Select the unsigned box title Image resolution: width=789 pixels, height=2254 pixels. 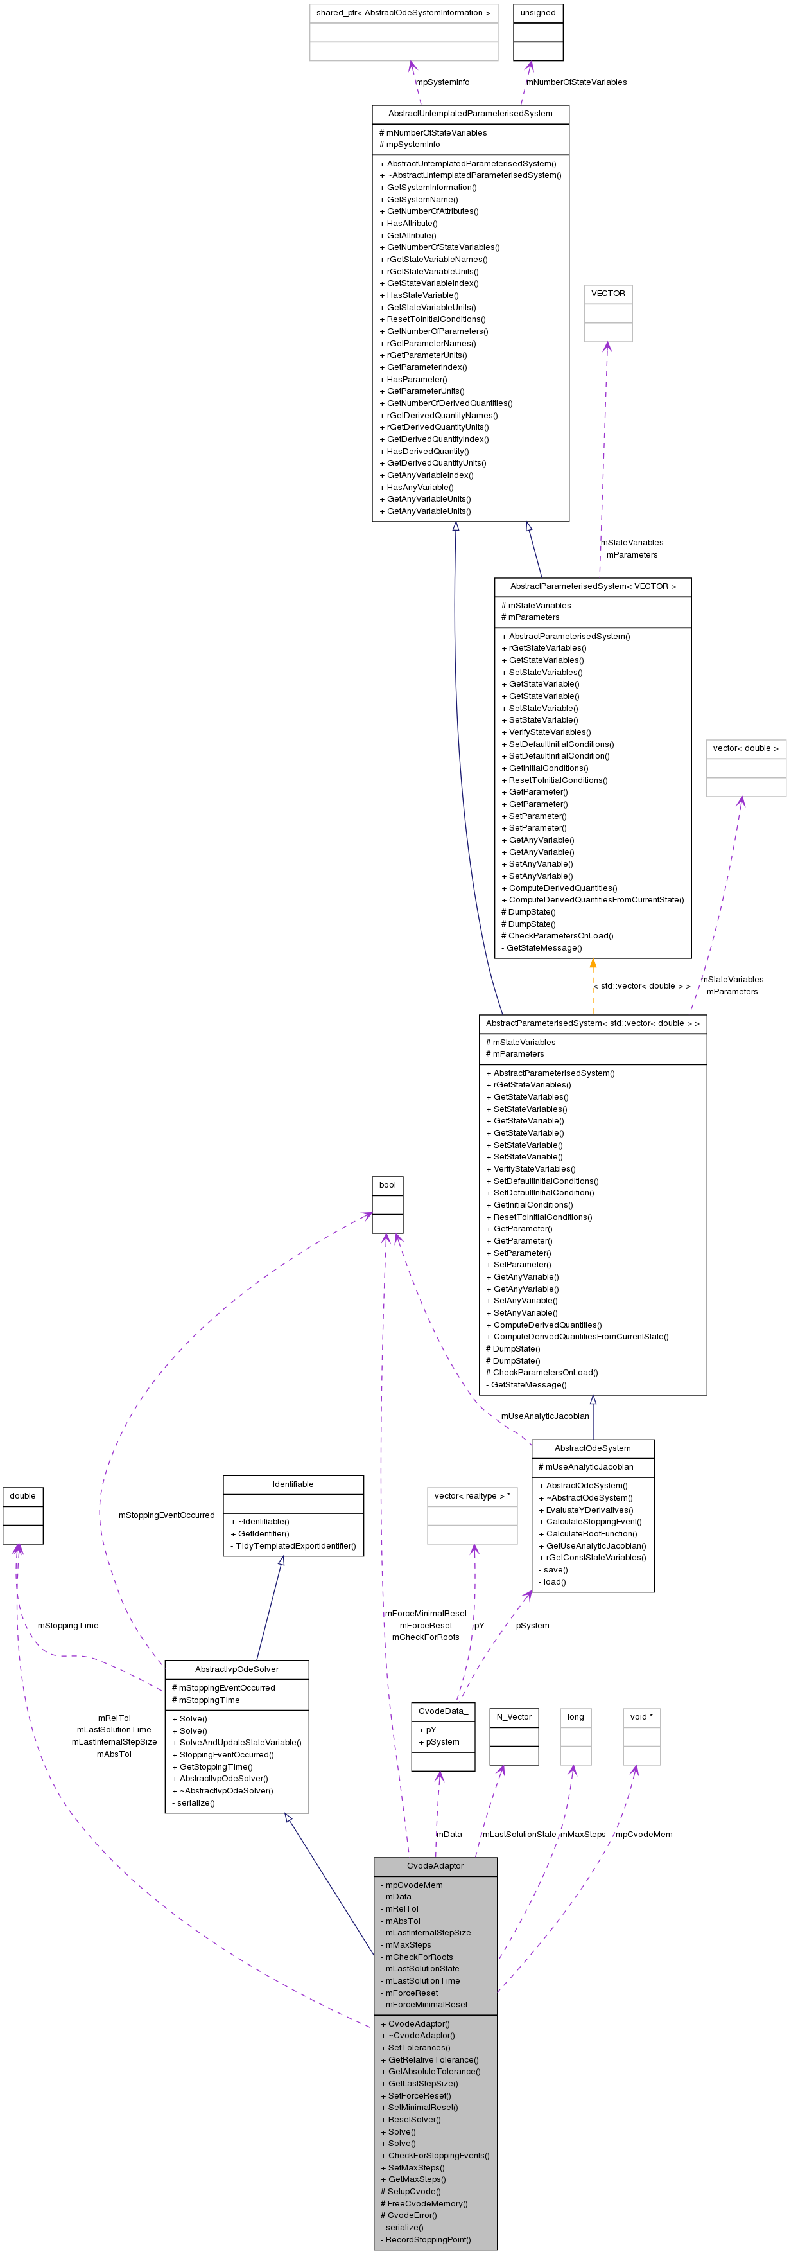tap(537, 13)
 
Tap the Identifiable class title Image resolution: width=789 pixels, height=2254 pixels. tap(293, 1484)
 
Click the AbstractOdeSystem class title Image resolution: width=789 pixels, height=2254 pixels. tap(592, 1448)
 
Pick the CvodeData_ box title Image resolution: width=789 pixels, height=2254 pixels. tap(442, 1711)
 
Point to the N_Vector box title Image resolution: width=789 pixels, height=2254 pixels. tap(514, 1717)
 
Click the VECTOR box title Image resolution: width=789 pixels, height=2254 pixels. tap(608, 293)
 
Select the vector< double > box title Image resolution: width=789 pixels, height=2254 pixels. tap(745, 748)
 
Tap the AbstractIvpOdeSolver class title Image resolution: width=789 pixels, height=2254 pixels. tap(236, 1669)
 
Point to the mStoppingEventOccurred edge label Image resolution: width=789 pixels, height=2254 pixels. tap(166, 1515)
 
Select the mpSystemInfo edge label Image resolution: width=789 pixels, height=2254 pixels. tap(442, 82)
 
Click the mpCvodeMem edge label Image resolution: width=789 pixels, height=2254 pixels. tap(644, 1834)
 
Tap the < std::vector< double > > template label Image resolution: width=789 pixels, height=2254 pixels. tap(642, 986)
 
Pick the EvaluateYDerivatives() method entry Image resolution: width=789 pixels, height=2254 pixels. tap(585, 1510)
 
